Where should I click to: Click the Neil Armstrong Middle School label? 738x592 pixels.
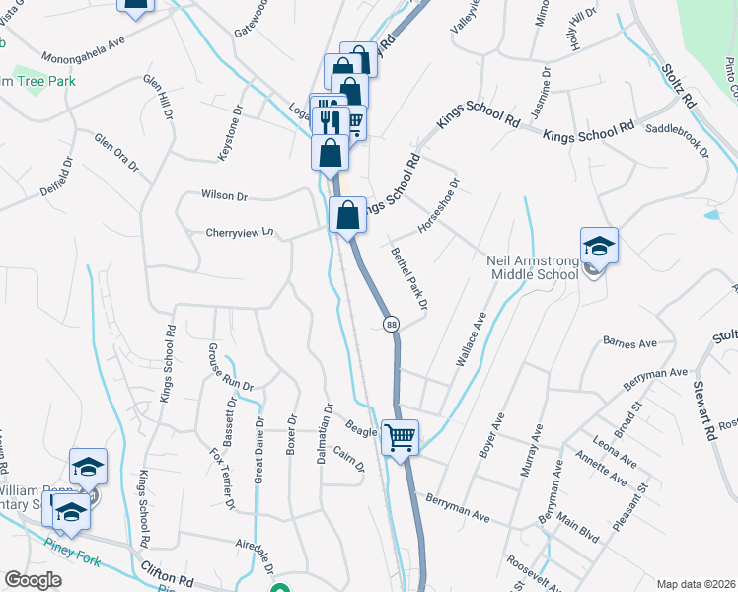point(533,268)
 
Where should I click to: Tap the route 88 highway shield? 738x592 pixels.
point(392,325)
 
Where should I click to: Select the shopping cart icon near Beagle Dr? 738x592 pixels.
point(400,436)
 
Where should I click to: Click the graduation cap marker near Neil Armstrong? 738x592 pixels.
point(599,246)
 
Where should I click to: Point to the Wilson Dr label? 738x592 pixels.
point(223,196)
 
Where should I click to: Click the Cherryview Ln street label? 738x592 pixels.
point(238,234)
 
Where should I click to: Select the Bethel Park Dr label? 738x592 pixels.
point(408,277)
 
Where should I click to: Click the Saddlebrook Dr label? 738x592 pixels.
point(677,141)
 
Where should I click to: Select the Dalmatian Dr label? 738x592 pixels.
point(329,421)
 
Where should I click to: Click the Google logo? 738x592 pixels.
point(34,580)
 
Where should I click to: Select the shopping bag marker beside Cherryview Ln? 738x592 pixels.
point(346,217)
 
